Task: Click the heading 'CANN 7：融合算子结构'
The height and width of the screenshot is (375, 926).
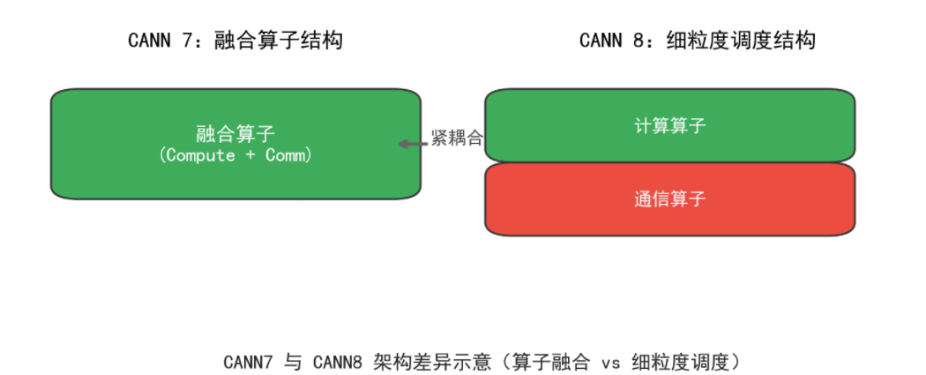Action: coord(235,41)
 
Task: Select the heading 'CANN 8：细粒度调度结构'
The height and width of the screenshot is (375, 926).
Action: coord(697,41)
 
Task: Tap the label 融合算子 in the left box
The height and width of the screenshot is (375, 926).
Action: coord(235,134)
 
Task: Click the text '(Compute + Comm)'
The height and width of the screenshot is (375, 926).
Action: coord(235,155)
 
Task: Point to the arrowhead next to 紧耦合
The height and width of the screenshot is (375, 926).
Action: coord(403,144)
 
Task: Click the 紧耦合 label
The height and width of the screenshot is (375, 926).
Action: coord(457,139)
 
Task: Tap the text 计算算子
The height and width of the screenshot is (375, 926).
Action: coord(670,126)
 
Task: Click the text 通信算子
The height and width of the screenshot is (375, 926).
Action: coord(670,199)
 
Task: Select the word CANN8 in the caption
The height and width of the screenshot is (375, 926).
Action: coord(338,362)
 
